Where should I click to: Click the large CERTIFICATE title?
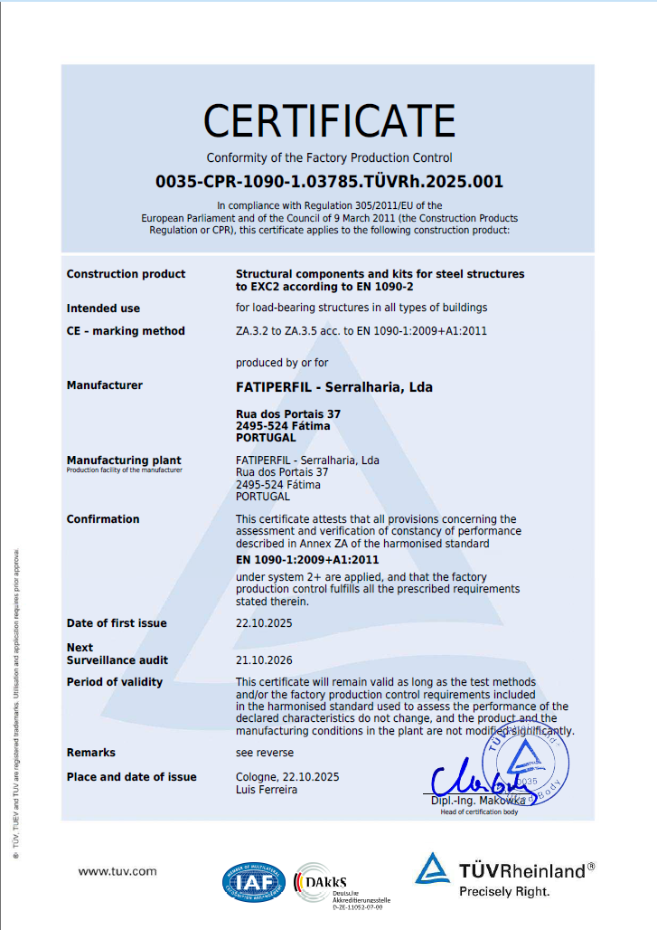pyautogui.click(x=329, y=120)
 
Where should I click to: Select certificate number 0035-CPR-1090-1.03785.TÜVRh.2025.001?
pyautogui.click(x=329, y=181)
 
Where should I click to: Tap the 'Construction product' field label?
pyautogui.click(x=126, y=274)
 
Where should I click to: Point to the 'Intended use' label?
pyautogui.click(x=103, y=308)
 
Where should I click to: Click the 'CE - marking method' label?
pyautogui.click(x=126, y=331)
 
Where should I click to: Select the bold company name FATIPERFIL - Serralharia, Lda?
pyautogui.click(x=333, y=387)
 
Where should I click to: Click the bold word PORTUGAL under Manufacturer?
pyautogui.click(x=265, y=438)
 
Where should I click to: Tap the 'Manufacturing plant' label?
pyautogui.click(x=124, y=460)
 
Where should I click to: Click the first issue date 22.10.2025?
pyautogui.click(x=264, y=623)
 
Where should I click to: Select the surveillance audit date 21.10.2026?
pyautogui.click(x=264, y=660)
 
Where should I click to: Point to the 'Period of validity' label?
pyautogui.click(x=115, y=682)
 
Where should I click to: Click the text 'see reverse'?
pyautogui.click(x=264, y=753)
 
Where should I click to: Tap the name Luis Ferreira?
pyautogui.click(x=267, y=790)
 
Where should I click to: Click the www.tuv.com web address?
pyautogui.click(x=117, y=871)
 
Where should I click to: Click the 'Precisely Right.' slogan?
pyautogui.click(x=504, y=892)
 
